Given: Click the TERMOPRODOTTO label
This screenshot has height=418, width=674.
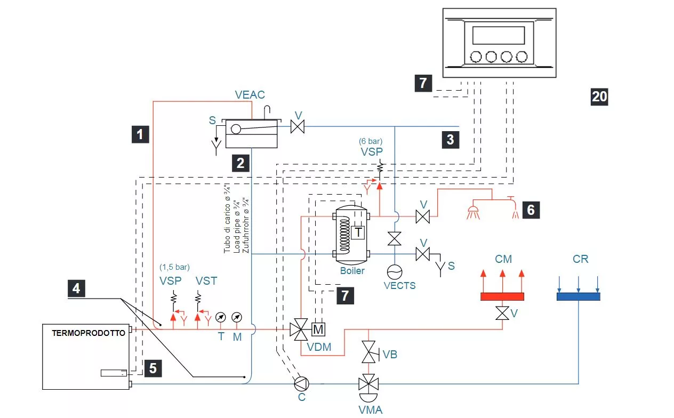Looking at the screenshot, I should (89, 333).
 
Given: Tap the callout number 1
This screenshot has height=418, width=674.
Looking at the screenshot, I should (140, 134).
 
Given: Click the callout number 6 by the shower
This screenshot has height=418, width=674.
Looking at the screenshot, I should (531, 210).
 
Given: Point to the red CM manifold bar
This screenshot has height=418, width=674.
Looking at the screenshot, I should (502, 297).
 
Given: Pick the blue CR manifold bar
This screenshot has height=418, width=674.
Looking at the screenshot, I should (578, 296).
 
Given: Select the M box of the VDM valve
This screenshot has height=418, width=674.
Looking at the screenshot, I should (318, 329).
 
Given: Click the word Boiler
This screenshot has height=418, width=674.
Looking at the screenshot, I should (352, 271).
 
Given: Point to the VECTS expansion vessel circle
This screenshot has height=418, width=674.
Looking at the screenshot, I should (395, 272).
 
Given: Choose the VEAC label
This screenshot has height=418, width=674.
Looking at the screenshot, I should (250, 95).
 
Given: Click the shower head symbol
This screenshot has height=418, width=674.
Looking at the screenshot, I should (471, 212).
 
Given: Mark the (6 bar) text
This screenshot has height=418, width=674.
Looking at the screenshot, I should (372, 142).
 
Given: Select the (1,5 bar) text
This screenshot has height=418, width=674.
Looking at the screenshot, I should (174, 267).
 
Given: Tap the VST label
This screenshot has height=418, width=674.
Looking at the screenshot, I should (206, 280).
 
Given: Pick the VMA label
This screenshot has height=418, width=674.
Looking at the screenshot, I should (370, 410).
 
